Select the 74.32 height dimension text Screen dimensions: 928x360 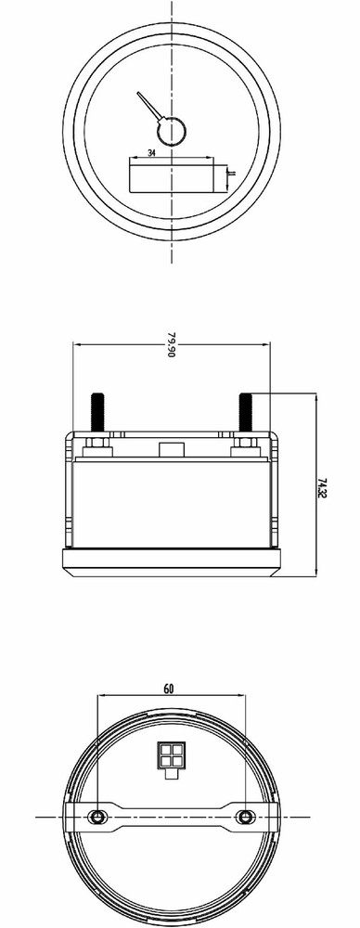pos(320,488)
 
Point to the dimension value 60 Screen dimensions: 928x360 pos(168,689)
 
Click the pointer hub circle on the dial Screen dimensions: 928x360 pos(171,131)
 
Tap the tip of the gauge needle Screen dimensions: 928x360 pos(137,94)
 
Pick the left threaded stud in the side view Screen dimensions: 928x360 pos(96,412)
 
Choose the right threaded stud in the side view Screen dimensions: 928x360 pos(246,412)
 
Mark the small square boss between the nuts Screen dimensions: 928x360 pos(171,450)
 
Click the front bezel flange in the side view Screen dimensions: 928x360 pos(171,562)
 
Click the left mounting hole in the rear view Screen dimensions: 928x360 pos(96,816)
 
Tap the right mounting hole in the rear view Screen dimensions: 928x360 pos(245,816)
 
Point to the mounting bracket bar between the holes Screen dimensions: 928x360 pos(171,816)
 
